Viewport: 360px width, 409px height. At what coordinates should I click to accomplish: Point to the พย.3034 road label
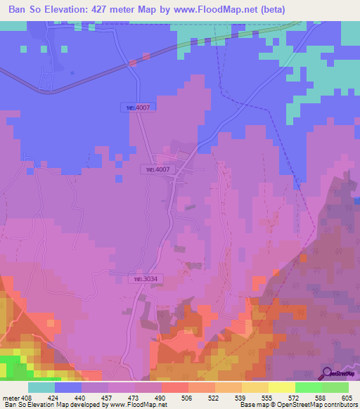(145, 279)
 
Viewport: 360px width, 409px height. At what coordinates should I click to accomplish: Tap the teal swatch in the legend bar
(41, 387)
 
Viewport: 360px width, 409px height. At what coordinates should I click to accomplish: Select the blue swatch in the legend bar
(68, 387)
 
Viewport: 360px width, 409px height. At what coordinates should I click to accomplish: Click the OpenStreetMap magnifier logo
(328, 373)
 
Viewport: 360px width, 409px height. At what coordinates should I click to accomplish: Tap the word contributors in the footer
(337, 405)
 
